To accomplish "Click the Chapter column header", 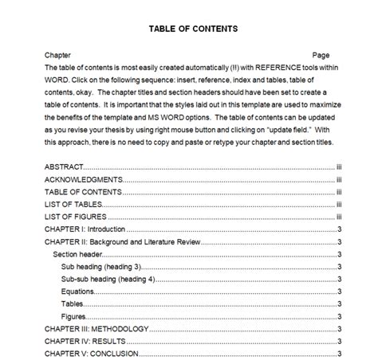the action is point(57,56).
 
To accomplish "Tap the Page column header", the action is point(321,56).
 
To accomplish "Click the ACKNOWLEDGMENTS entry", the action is point(82,180).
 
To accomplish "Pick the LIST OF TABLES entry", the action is point(74,205).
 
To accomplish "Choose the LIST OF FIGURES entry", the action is point(77,217).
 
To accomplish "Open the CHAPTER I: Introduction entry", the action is point(85,229).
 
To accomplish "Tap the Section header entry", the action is point(78,254).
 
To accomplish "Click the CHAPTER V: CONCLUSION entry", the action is point(92,354).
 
